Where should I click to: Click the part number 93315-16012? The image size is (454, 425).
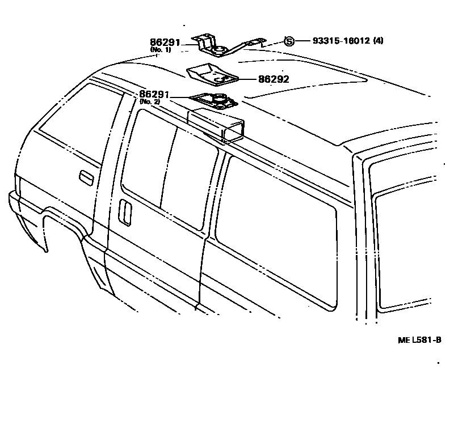(340, 41)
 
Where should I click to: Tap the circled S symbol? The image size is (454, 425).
(289, 41)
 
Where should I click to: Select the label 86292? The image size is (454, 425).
(274, 79)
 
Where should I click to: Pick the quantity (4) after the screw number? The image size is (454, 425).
(378, 41)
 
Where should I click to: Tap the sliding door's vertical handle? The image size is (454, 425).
(125, 214)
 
